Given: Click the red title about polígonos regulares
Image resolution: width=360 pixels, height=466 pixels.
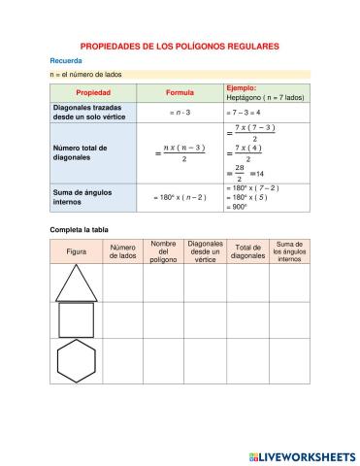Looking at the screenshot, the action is [180, 46].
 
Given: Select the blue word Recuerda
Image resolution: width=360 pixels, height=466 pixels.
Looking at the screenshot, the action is [66, 60].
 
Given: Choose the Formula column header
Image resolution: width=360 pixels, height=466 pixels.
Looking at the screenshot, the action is [180, 93].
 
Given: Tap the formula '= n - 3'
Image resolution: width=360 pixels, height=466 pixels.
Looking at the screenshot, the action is [180, 113].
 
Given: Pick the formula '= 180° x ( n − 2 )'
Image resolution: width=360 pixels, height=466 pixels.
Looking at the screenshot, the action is [180, 198].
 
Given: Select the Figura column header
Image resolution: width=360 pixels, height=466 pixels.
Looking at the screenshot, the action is [76, 251].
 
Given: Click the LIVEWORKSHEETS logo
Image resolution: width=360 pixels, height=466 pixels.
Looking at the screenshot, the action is [302, 454].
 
